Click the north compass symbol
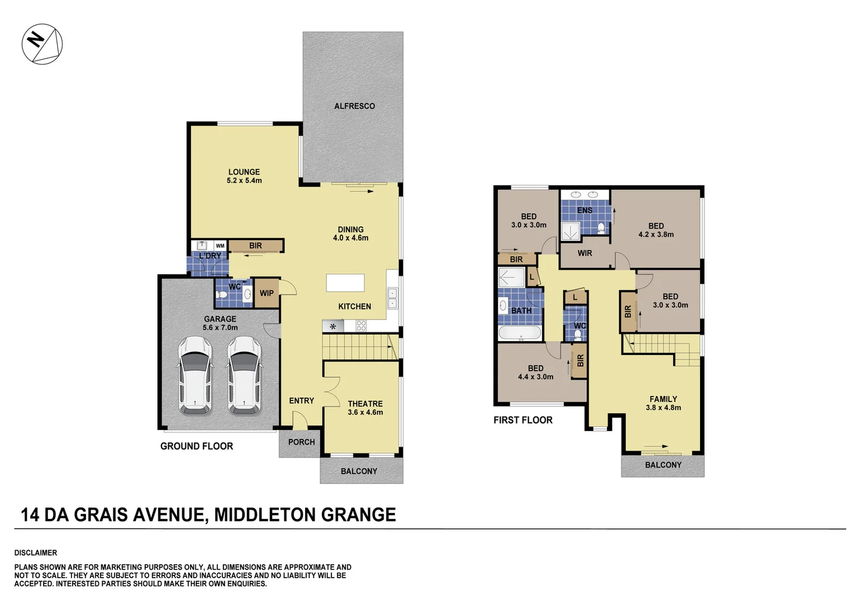(42, 44)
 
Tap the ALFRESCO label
(354, 106)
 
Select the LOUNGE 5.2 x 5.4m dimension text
(244, 181)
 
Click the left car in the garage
(195, 375)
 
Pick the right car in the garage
(244, 375)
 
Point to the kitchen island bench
(345, 282)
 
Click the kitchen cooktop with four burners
(361, 325)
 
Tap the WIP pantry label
(267, 293)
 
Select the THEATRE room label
(365, 404)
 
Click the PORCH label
(302, 442)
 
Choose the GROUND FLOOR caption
(197, 446)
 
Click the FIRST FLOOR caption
(523, 420)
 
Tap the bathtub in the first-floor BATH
(520, 333)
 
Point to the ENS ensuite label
(584, 210)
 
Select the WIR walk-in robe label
(584, 253)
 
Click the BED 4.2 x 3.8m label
(656, 230)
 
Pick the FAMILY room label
(663, 399)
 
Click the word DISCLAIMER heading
(36, 553)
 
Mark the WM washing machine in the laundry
(220, 246)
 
